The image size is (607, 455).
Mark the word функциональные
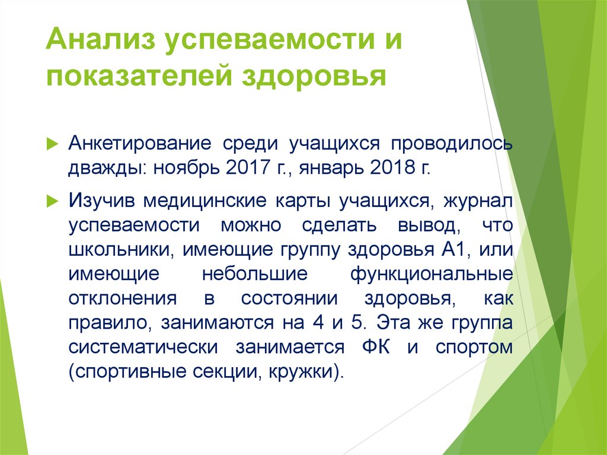pos(431,274)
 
